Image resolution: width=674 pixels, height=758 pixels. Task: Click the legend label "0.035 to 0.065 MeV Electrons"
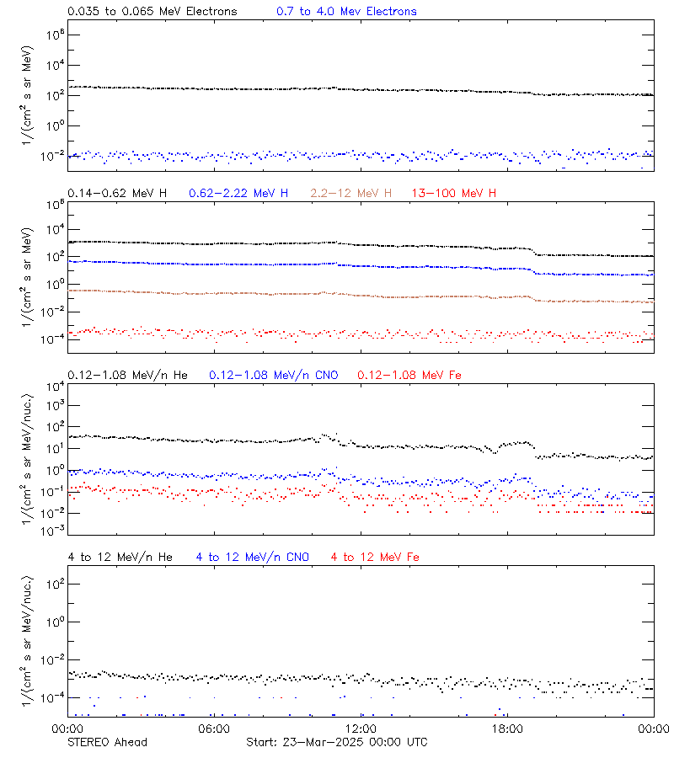coord(152,12)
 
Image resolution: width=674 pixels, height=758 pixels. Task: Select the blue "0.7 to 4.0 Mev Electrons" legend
coord(346,12)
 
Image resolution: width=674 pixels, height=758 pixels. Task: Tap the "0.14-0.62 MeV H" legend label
coord(117,194)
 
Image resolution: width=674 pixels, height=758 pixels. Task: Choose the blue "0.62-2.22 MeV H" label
coord(238,194)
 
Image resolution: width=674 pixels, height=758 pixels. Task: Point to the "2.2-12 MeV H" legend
coord(350,194)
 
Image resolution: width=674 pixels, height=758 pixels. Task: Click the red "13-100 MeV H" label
coord(453,194)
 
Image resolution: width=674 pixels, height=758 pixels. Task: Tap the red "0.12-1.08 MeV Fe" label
coord(409,375)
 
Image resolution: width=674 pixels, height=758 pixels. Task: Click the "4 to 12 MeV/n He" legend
coord(120,557)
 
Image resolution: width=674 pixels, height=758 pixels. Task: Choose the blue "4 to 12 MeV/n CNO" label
coord(253,557)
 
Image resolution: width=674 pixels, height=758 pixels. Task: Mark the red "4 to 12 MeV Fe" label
coord(376,557)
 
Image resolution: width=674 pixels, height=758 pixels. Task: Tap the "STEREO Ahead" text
coord(107,742)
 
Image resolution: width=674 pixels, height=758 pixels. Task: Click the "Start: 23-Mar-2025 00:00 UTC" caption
coord(336,742)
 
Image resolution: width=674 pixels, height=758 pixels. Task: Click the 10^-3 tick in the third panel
coord(51,530)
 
